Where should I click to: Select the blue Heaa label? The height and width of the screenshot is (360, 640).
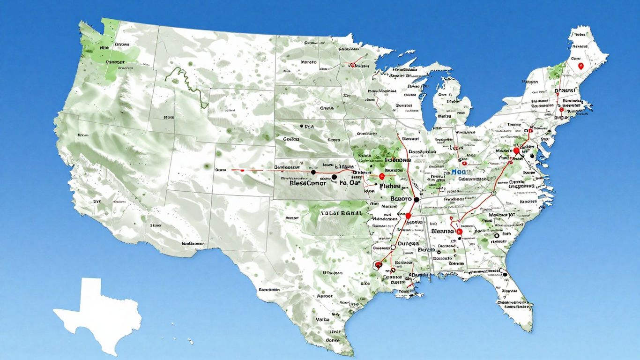click(460, 172)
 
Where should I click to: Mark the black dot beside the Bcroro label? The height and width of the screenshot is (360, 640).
click(416, 200)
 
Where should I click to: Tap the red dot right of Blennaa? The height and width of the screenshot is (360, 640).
click(459, 232)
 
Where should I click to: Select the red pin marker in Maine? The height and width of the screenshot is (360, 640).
click(580, 66)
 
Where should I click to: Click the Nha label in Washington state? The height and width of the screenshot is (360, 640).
click(104, 47)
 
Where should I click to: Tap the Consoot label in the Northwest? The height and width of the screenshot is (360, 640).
click(115, 61)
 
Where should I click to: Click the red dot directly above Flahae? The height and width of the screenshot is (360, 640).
click(382, 176)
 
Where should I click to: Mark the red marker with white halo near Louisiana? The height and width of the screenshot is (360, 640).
click(378, 264)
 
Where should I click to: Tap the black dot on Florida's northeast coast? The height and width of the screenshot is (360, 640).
click(505, 274)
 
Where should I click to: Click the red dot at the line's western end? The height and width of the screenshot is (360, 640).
click(242, 170)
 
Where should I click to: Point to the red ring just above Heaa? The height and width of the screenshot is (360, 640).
click(464, 163)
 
